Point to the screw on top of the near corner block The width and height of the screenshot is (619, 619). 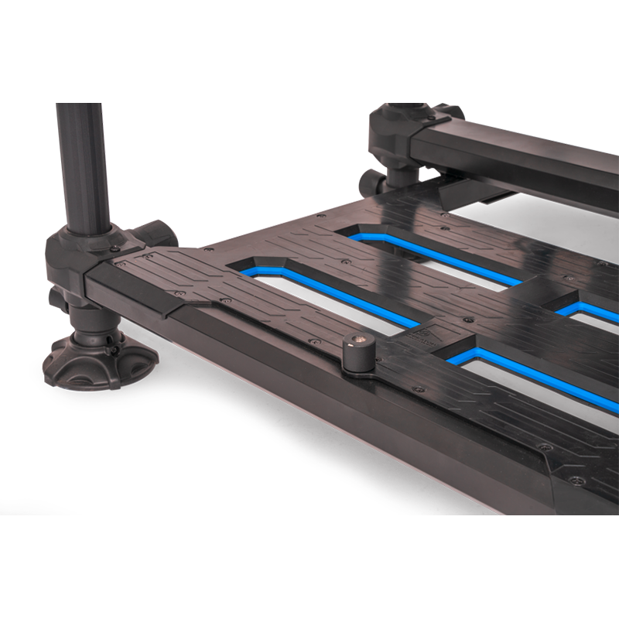click(115, 249)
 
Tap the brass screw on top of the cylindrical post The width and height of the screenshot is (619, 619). click(359, 337)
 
